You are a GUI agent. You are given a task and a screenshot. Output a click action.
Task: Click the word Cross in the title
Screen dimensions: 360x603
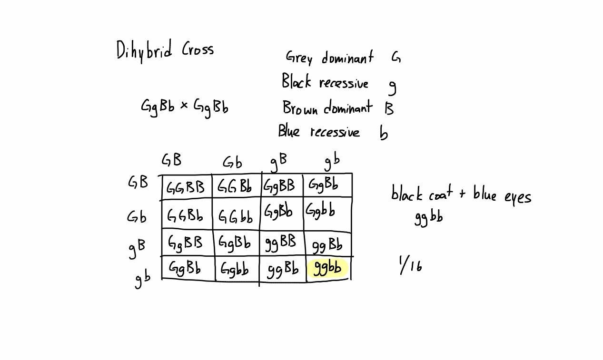(198, 49)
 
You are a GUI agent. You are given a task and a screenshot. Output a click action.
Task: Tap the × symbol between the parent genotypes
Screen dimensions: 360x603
(184, 105)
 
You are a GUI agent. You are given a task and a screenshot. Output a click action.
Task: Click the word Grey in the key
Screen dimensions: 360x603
(299, 58)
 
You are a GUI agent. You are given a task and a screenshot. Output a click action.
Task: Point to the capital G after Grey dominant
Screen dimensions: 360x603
(396, 58)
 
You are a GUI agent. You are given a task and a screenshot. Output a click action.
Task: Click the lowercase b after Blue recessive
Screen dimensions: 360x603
(384, 133)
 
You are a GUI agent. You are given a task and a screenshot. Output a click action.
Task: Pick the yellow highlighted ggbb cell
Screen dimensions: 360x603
(328, 268)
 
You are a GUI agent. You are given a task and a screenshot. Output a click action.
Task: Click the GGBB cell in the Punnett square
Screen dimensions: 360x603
(186, 187)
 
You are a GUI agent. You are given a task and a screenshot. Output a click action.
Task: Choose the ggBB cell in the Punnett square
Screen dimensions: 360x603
(281, 243)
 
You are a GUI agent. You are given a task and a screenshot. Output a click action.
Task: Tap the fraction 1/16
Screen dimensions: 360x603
(410, 265)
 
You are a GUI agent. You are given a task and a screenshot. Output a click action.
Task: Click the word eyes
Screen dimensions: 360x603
(518, 196)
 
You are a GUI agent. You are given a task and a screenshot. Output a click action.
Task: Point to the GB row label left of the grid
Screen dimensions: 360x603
(138, 182)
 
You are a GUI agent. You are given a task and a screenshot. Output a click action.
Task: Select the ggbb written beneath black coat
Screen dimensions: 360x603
(428, 217)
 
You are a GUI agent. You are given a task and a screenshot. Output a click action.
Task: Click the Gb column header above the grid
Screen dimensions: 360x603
(232, 163)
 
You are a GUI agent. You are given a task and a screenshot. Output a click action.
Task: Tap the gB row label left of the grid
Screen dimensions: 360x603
(137, 247)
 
